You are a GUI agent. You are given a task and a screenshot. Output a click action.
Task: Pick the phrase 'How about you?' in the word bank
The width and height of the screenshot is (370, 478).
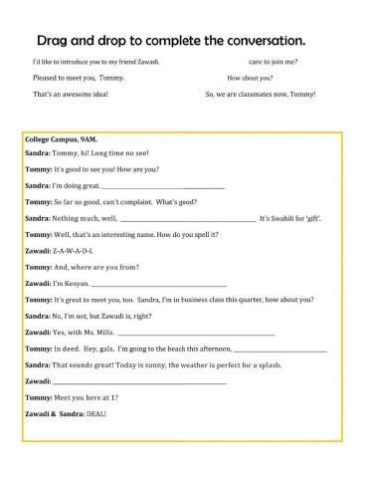250,78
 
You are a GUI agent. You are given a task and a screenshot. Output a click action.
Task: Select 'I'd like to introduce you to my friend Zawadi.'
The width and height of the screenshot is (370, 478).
96,62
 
